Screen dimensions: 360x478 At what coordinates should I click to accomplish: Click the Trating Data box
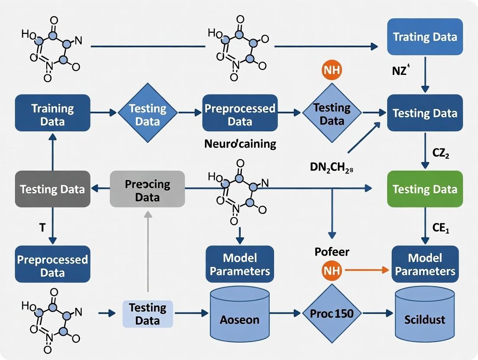click(424, 36)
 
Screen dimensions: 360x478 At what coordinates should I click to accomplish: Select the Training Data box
click(52, 113)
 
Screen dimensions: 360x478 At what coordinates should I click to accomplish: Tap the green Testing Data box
click(424, 189)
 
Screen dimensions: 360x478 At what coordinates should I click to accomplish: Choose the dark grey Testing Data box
click(52, 189)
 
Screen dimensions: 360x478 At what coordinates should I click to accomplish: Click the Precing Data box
click(147, 189)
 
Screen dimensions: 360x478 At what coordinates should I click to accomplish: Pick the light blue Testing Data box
click(147, 314)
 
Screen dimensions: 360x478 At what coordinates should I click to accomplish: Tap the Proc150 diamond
click(331, 313)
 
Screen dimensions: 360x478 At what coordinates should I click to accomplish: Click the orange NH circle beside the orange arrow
click(331, 271)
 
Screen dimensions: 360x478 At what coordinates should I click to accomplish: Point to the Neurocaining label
click(240, 143)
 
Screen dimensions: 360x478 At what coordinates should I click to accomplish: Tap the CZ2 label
click(441, 154)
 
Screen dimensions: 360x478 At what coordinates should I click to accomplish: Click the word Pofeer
click(332, 252)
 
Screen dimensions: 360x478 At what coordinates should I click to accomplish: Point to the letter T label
click(42, 228)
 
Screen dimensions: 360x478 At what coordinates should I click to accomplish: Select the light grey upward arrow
click(148, 251)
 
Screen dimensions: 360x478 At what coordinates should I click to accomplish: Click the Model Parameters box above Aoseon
click(239, 264)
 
